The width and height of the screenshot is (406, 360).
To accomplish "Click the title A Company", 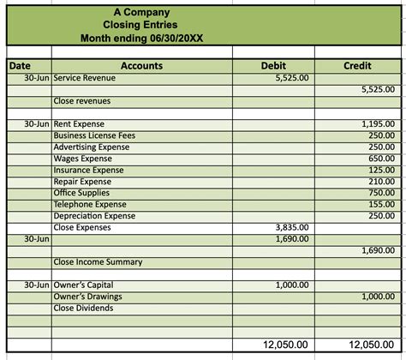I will click(x=140, y=12).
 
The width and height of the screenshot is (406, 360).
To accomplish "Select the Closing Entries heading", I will click(x=140, y=25).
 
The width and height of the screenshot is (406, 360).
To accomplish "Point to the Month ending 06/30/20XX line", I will click(x=141, y=38).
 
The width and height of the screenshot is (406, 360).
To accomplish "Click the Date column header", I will click(x=20, y=65).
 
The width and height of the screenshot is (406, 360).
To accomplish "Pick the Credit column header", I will click(x=356, y=65).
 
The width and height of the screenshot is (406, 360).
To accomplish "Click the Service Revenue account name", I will click(x=84, y=78).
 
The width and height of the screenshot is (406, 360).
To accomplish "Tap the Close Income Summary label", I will click(x=98, y=262).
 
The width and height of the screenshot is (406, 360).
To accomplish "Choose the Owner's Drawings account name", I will click(x=87, y=297).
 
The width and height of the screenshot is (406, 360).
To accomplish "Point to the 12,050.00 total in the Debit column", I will click(x=286, y=344).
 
